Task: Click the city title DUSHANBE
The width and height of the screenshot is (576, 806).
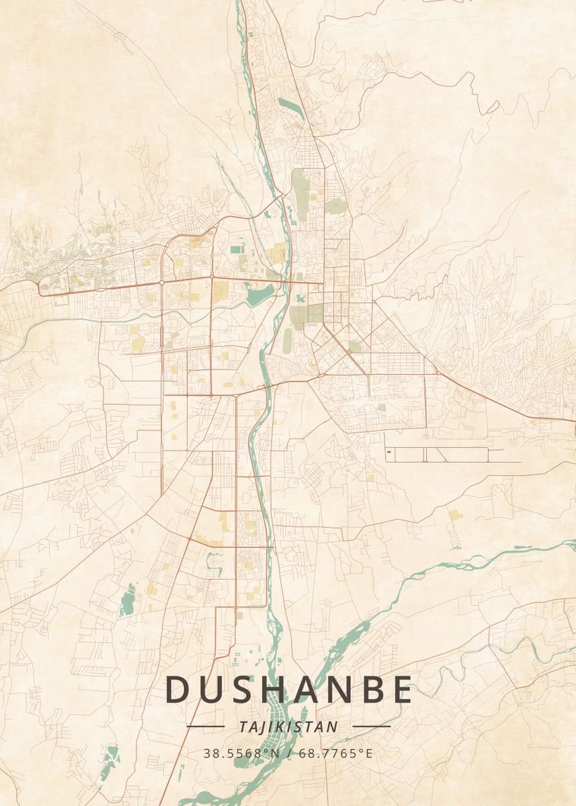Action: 288,690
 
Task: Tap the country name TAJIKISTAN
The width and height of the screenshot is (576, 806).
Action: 288,727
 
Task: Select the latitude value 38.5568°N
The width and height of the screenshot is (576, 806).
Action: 241,754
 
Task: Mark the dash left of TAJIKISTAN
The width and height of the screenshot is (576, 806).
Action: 205,726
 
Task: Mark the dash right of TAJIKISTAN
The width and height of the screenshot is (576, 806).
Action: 372,726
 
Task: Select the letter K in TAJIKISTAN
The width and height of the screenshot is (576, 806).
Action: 285,727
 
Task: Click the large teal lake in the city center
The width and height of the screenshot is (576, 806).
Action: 259,293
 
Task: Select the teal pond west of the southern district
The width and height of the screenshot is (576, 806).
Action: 126,602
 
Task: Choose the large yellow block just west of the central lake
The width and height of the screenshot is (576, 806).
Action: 220,290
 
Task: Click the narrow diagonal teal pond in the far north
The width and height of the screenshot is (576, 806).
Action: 291,108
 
